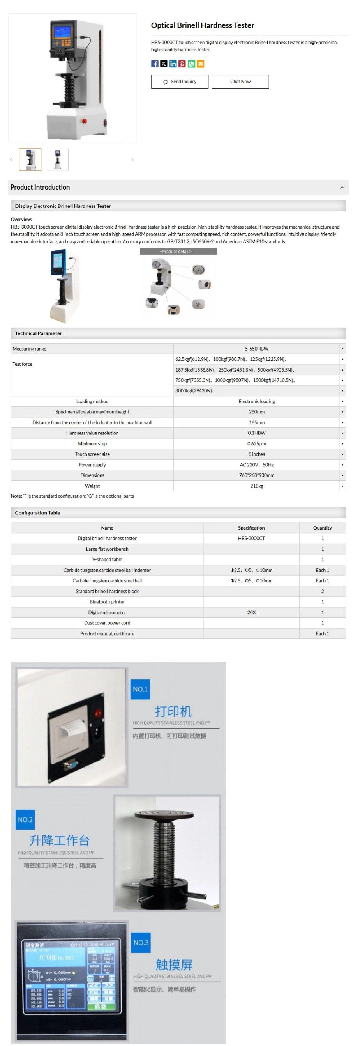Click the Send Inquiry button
[179, 82]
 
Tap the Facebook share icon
[155, 64]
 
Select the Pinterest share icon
[182, 64]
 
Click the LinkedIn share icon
[173, 64]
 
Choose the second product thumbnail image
[58, 160]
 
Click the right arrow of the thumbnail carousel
[133, 160]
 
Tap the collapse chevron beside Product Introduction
[342, 188]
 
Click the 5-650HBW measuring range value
[256, 349]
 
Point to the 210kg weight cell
[256, 486]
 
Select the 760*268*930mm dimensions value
[256, 475]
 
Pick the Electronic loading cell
[256, 402]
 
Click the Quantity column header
[322, 528]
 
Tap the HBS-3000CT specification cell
[251, 539]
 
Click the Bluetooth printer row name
[107, 602]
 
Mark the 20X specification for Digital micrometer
[251, 612]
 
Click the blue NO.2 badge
[25, 820]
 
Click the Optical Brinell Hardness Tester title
[203, 26]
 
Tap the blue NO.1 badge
[140, 689]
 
